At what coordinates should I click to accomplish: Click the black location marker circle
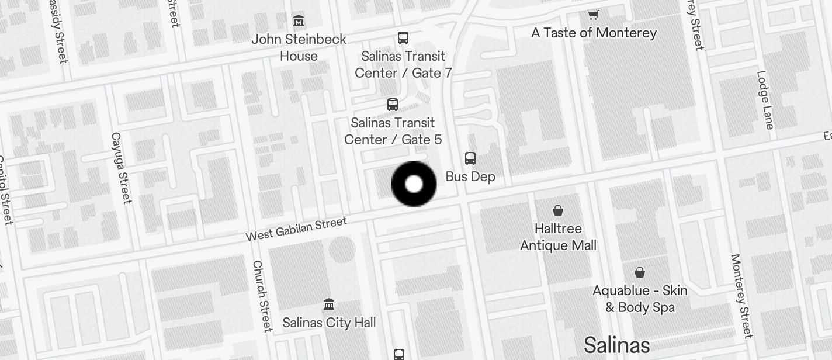coord(414,184)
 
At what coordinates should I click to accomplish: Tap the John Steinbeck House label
coord(299,48)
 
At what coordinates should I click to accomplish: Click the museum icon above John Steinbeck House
coord(299,22)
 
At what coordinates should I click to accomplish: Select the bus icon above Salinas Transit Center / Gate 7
coord(403,38)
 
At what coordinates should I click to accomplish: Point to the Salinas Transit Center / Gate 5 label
coord(393,131)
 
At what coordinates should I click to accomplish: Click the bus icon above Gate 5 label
coord(393,105)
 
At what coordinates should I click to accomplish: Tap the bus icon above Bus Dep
coord(470,158)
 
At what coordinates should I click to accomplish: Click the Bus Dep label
coord(470,176)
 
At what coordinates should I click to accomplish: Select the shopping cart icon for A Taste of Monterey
coord(594,15)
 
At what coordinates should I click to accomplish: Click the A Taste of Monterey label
coord(594,33)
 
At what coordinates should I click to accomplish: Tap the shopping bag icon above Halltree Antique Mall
coord(558,210)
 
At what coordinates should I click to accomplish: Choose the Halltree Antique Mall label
coord(558,237)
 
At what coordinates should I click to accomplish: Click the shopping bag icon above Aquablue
coord(640,272)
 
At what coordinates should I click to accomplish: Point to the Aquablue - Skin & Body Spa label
coord(640,299)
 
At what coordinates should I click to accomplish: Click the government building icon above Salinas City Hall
coord(329,304)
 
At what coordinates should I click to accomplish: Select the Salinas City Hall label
coord(329,323)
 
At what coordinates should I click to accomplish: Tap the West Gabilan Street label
coord(296,229)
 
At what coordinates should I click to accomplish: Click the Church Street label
coord(262,295)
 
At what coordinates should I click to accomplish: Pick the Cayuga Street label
coord(120,168)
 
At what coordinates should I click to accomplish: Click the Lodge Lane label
coord(765,100)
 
